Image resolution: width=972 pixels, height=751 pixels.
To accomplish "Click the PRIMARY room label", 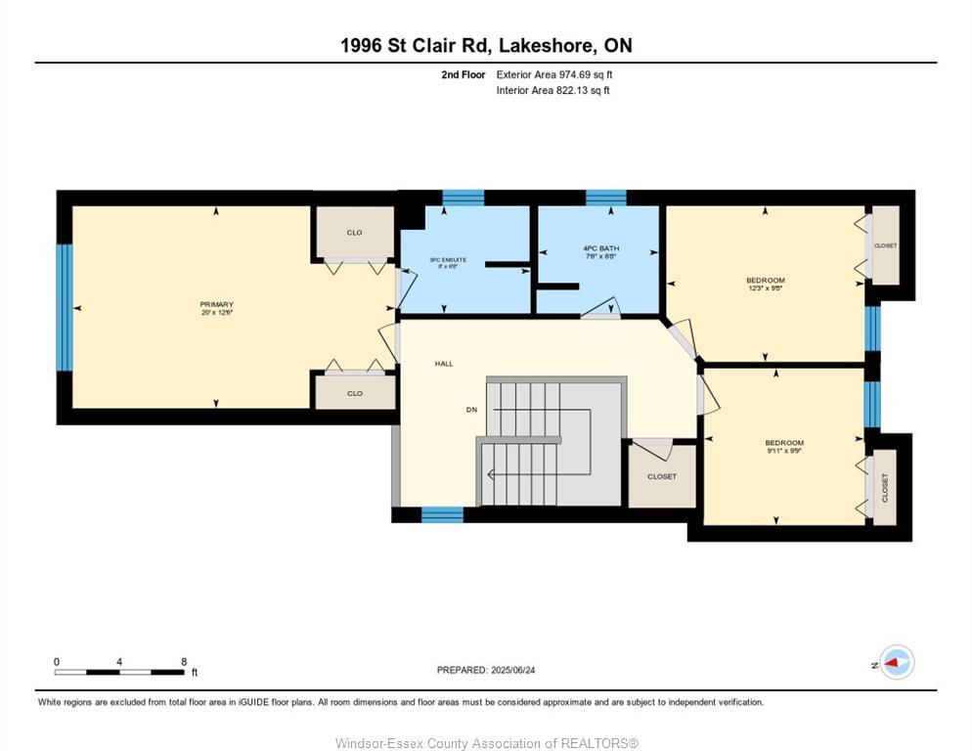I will [216, 305].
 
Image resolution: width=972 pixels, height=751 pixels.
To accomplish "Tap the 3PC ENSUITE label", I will [448, 260].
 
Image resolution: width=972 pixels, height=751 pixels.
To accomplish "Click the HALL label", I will [444, 364].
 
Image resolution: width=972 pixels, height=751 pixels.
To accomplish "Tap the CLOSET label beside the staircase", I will [662, 477].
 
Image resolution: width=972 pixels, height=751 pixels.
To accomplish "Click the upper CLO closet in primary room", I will [354, 233].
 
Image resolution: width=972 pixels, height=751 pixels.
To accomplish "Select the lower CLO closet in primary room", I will [354, 393].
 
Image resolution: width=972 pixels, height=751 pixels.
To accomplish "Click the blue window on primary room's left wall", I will [65, 307].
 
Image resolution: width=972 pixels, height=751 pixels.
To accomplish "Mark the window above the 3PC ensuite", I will [463, 198].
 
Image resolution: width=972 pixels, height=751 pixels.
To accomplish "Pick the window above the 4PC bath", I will [605, 198].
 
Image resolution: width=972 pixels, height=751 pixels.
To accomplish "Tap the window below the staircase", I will [442, 514].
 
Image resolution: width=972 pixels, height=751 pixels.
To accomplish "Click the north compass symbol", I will [896, 663].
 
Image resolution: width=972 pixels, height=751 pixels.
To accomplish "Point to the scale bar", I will [119, 672].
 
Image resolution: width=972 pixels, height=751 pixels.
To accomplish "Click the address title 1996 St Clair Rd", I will [486, 45].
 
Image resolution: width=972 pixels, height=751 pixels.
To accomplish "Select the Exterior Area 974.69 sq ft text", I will [553, 74].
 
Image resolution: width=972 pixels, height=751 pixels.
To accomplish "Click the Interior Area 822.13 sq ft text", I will [552, 91].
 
